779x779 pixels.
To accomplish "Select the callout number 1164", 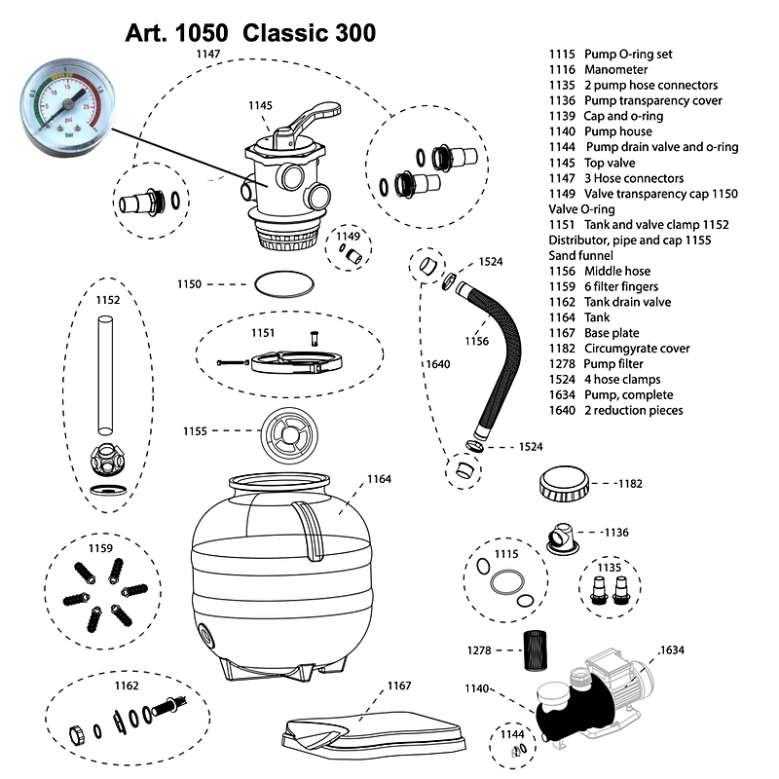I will click(x=379, y=479).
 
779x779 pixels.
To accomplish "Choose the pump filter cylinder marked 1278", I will click(x=533, y=648).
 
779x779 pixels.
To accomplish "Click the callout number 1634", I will click(x=673, y=649).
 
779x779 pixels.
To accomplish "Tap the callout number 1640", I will click(x=436, y=364).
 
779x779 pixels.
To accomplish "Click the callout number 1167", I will click(x=398, y=686).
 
